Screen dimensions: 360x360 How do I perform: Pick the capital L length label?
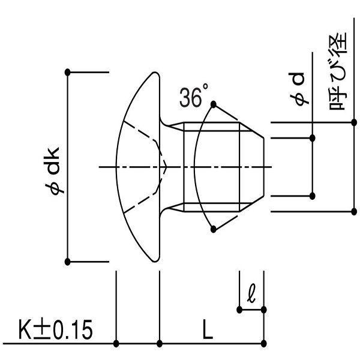pyautogui.click(x=207, y=331)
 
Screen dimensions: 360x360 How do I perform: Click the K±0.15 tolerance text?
pyautogui.click(x=54, y=331)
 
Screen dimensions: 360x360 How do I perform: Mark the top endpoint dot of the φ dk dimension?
pyautogui.click(x=68, y=72)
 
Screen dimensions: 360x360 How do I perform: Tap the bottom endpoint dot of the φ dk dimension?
pyautogui.click(x=68, y=261)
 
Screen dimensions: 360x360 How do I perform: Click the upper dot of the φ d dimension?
pyautogui.click(x=313, y=138)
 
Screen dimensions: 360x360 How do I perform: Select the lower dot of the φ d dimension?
pyautogui.click(x=313, y=196)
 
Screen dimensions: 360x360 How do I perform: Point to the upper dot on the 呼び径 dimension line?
pyautogui.click(x=352, y=124)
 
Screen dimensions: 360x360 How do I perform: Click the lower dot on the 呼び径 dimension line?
pyautogui.click(x=352, y=211)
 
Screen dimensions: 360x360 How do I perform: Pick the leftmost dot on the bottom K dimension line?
pyautogui.click(x=116, y=343)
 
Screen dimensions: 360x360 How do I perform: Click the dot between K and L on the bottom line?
pyautogui.click(x=160, y=343)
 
